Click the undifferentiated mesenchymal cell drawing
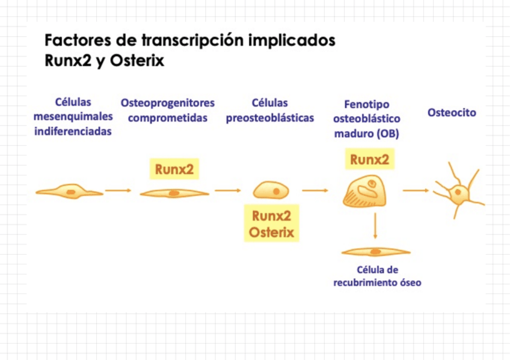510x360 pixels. point(70,192)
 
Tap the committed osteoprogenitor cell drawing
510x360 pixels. point(174,193)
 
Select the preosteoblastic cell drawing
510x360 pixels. point(271,191)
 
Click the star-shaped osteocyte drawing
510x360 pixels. point(459,192)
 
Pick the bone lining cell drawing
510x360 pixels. point(375,251)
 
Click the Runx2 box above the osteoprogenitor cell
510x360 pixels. point(174,169)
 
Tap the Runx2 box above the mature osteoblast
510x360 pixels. point(369,159)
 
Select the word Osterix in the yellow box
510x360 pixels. point(271,232)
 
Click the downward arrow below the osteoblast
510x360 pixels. point(375,227)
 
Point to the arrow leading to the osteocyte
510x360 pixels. point(416,191)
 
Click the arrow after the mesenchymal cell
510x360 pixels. point(118,191)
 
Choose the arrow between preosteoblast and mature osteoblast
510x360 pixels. point(315,191)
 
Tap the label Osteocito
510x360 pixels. point(452,112)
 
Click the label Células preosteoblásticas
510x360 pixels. point(270,111)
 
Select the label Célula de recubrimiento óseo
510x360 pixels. point(377,276)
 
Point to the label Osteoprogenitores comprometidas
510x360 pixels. point(168,111)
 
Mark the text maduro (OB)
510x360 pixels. point(366,133)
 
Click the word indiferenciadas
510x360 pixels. point(73,131)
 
